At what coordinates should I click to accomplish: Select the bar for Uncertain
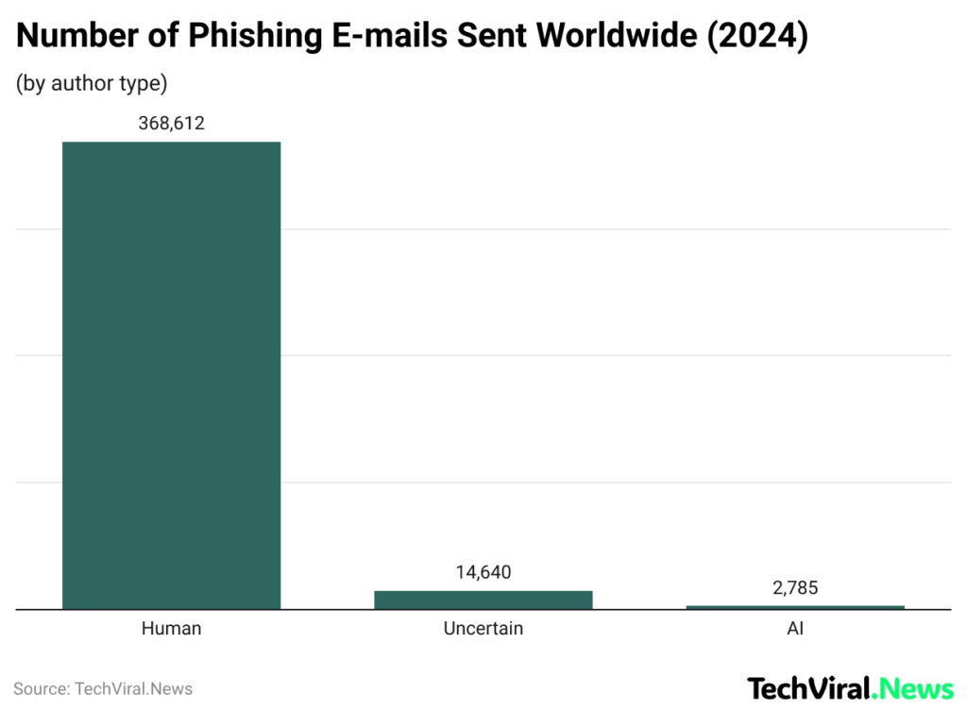pos(483,600)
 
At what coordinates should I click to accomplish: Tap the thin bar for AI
pos(795,607)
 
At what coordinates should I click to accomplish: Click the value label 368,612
pos(171,123)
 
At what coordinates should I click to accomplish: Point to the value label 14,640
pos(483,572)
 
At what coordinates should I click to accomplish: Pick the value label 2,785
pos(795,587)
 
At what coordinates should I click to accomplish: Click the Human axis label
pos(171,628)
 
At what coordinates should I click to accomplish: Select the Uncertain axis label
pos(483,628)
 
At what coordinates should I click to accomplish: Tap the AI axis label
pos(795,628)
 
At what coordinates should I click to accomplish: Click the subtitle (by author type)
pos(92,83)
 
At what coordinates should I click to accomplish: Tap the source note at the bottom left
pos(103,688)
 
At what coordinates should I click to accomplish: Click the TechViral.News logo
pos(850,687)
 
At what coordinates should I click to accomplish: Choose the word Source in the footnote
pos(40,688)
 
